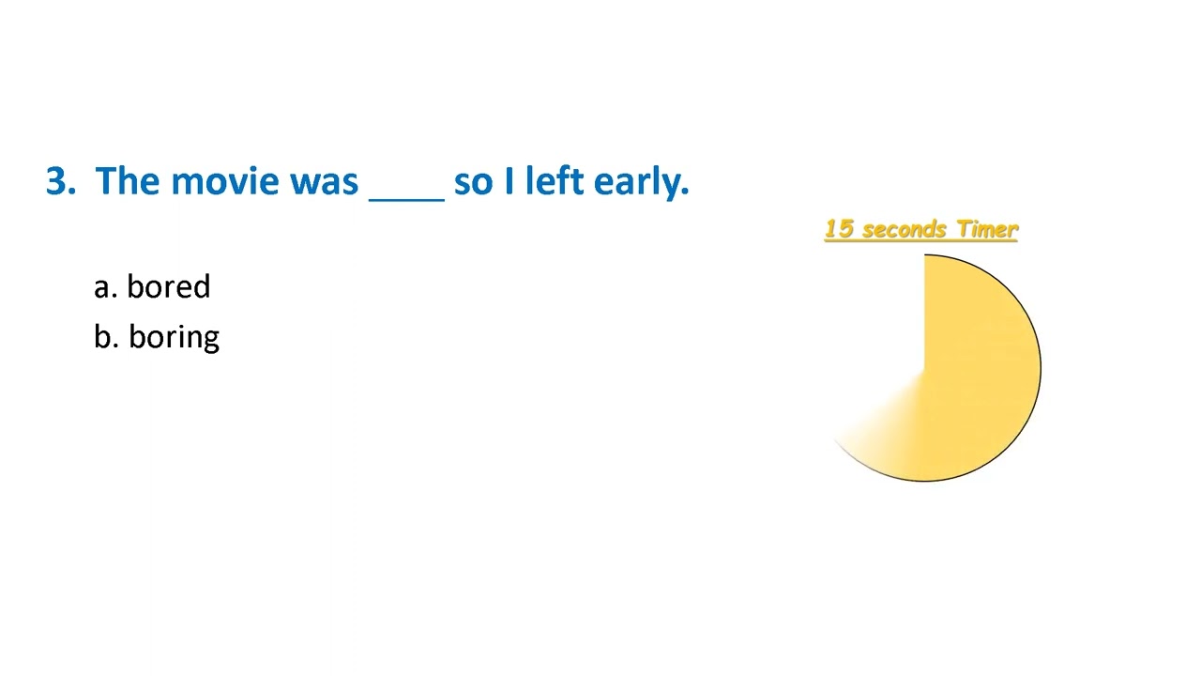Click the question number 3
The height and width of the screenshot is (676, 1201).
click(x=55, y=180)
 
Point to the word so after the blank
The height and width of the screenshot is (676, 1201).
click(x=473, y=180)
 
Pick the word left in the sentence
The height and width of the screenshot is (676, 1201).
click(x=555, y=180)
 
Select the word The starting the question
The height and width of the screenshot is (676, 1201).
click(x=128, y=180)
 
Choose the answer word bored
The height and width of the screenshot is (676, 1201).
click(x=168, y=286)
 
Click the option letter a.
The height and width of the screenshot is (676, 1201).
click(x=101, y=287)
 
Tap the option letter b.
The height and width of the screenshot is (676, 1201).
click(x=102, y=336)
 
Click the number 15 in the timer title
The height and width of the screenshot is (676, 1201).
click(x=839, y=229)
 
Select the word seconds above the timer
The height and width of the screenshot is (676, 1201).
click(x=904, y=229)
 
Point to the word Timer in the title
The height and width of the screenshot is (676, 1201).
click(x=986, y=229)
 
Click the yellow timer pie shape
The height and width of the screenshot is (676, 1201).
click(x=976, y=376)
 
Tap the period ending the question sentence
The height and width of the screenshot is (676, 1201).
click(x=686, y=192)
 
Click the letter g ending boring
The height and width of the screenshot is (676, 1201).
click(x=211, y=340)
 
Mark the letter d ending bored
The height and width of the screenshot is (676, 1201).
click(x=202, y=286)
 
